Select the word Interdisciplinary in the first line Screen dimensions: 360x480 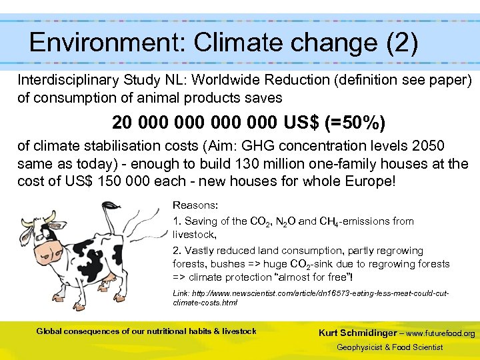click(x=69, y=80)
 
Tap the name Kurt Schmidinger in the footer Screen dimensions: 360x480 click(x=357, y=333)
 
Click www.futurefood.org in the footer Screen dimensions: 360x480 click(x=441, y=333)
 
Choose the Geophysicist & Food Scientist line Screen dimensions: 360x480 click(x=389, y=347)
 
